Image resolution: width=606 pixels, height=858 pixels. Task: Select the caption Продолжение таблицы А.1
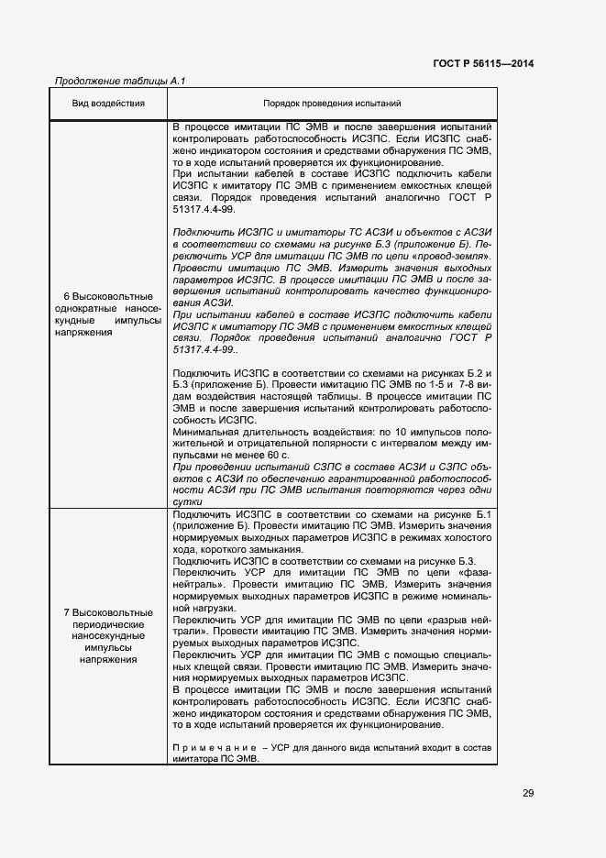[120, 82]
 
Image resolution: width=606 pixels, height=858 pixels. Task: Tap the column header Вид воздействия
[108, 104]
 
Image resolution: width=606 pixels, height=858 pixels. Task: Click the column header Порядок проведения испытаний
[332, 104]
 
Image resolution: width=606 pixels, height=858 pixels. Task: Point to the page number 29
[527, 793]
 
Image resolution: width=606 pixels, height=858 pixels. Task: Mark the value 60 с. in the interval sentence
[275, 455]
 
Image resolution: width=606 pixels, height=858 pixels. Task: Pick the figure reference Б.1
[487, 514]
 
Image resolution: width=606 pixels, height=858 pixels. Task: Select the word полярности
[316, 444]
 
